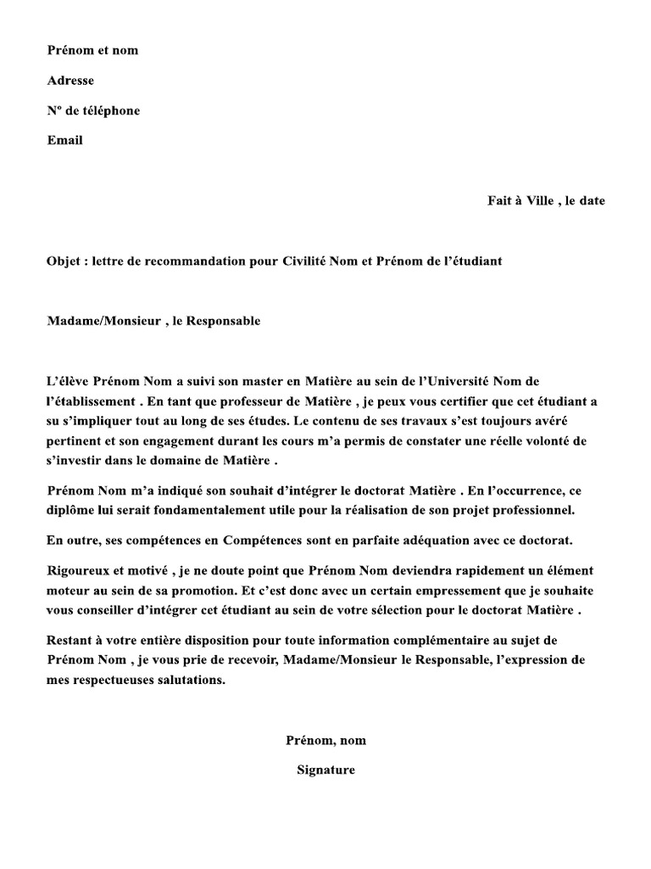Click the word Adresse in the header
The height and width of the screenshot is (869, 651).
[x=70, y=81]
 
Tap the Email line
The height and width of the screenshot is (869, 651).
[x=64, y=140]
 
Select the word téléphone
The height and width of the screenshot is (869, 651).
[x=108, y=110]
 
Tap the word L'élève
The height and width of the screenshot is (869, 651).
[x=68, y=382]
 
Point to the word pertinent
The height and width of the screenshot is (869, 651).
[x=75, y=441]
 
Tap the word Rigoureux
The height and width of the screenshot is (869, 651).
[x=79, y=570]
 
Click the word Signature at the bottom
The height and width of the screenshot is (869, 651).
[x=325, y=771]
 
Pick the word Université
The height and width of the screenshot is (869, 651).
[x=470, y=382]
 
